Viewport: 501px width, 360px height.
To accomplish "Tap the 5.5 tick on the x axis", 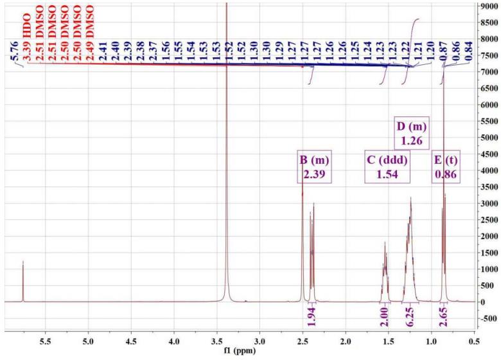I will pos(46,341).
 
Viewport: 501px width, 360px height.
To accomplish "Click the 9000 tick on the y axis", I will pos(488,6).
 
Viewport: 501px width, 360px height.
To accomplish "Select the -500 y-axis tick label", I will pos(488,318).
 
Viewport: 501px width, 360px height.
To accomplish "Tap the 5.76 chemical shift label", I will pos(15,54).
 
